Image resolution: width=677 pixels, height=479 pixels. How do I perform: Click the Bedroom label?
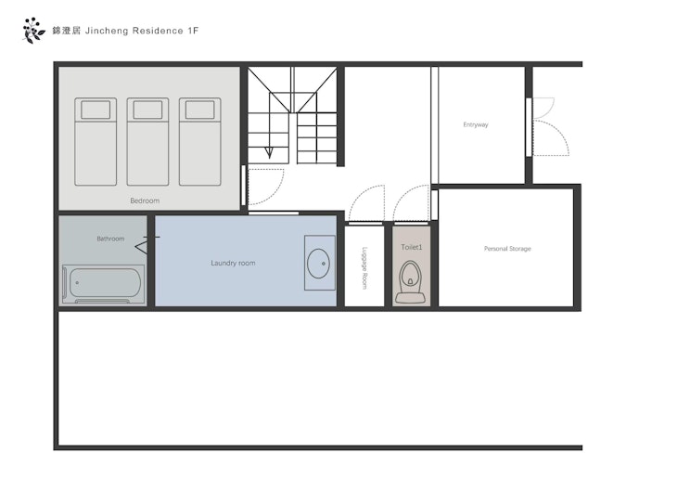tap(145, 201)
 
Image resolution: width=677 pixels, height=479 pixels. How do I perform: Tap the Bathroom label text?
tap(110, 239)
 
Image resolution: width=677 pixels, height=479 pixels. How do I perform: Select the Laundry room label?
tap(233, 263)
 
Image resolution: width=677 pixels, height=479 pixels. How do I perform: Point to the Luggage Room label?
tap(364, 268)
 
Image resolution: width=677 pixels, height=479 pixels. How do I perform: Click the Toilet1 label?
tap(412, 247)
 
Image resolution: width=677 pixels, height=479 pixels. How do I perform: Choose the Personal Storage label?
tap(507, 249)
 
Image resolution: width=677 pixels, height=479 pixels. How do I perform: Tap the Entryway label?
tap(476, 124)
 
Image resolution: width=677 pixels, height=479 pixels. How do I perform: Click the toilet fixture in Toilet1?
tap(410, 282)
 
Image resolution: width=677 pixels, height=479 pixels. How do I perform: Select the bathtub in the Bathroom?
tap(104, 284)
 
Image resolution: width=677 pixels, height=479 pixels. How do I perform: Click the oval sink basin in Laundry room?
tap(319, 264)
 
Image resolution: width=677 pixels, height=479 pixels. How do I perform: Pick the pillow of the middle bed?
tap(147, 110)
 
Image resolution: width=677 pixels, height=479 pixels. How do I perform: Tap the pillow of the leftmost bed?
tap(96, 110)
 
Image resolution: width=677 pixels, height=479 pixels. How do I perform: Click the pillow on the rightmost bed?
tap(200, 110)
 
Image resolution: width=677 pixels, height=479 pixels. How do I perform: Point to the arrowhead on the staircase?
tap(269, 153)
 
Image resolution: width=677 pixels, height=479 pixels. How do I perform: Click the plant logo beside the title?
tap(33, 31)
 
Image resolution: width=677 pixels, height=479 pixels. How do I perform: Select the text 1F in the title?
tap(193, 31)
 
